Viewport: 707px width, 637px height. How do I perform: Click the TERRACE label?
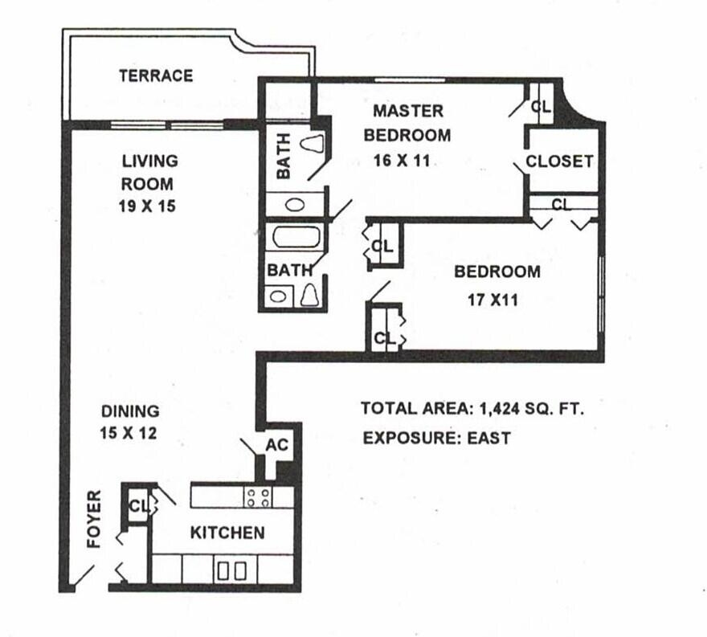click(x=156, y=76)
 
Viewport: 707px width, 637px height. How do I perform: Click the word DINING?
click(x=130, y=411)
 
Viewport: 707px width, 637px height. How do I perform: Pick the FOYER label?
click(x=95, y=519)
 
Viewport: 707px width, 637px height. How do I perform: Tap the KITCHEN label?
click(x=227, y=533)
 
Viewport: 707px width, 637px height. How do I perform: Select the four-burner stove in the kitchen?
click(x=259, y=497)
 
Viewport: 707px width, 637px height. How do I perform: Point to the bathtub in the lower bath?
click(x=296, y=239)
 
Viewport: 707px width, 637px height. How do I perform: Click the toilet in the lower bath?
click(x=310, y=296)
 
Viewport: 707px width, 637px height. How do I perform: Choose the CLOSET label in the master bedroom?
click(x=559, y=161)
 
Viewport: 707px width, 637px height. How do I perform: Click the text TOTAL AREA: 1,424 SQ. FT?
click(x=472, y=408)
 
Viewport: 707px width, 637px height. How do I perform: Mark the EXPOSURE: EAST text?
click(x=436, y=439)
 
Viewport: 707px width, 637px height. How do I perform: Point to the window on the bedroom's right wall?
click(x=600, y=294)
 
